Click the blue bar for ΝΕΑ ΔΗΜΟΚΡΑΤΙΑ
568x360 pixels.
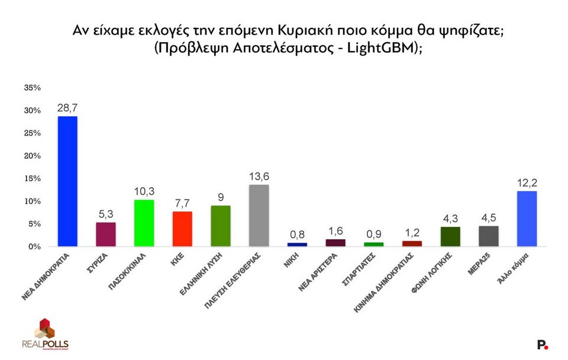67,181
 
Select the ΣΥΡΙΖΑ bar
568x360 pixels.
105,234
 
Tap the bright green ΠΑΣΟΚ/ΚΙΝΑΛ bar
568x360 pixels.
144,223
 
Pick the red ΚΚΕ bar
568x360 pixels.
182,229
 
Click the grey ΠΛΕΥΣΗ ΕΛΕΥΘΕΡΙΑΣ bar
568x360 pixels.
259,216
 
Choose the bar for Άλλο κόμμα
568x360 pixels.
527,218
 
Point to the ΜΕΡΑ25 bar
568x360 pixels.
489,236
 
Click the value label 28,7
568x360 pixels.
67,108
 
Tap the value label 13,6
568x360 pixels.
259,176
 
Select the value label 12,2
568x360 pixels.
527,183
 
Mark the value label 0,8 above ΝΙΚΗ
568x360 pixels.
297,234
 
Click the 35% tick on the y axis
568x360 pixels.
32,88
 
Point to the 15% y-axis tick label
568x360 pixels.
32,178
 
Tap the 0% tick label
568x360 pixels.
34,246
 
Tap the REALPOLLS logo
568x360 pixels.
45,335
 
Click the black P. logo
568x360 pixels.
542,344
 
